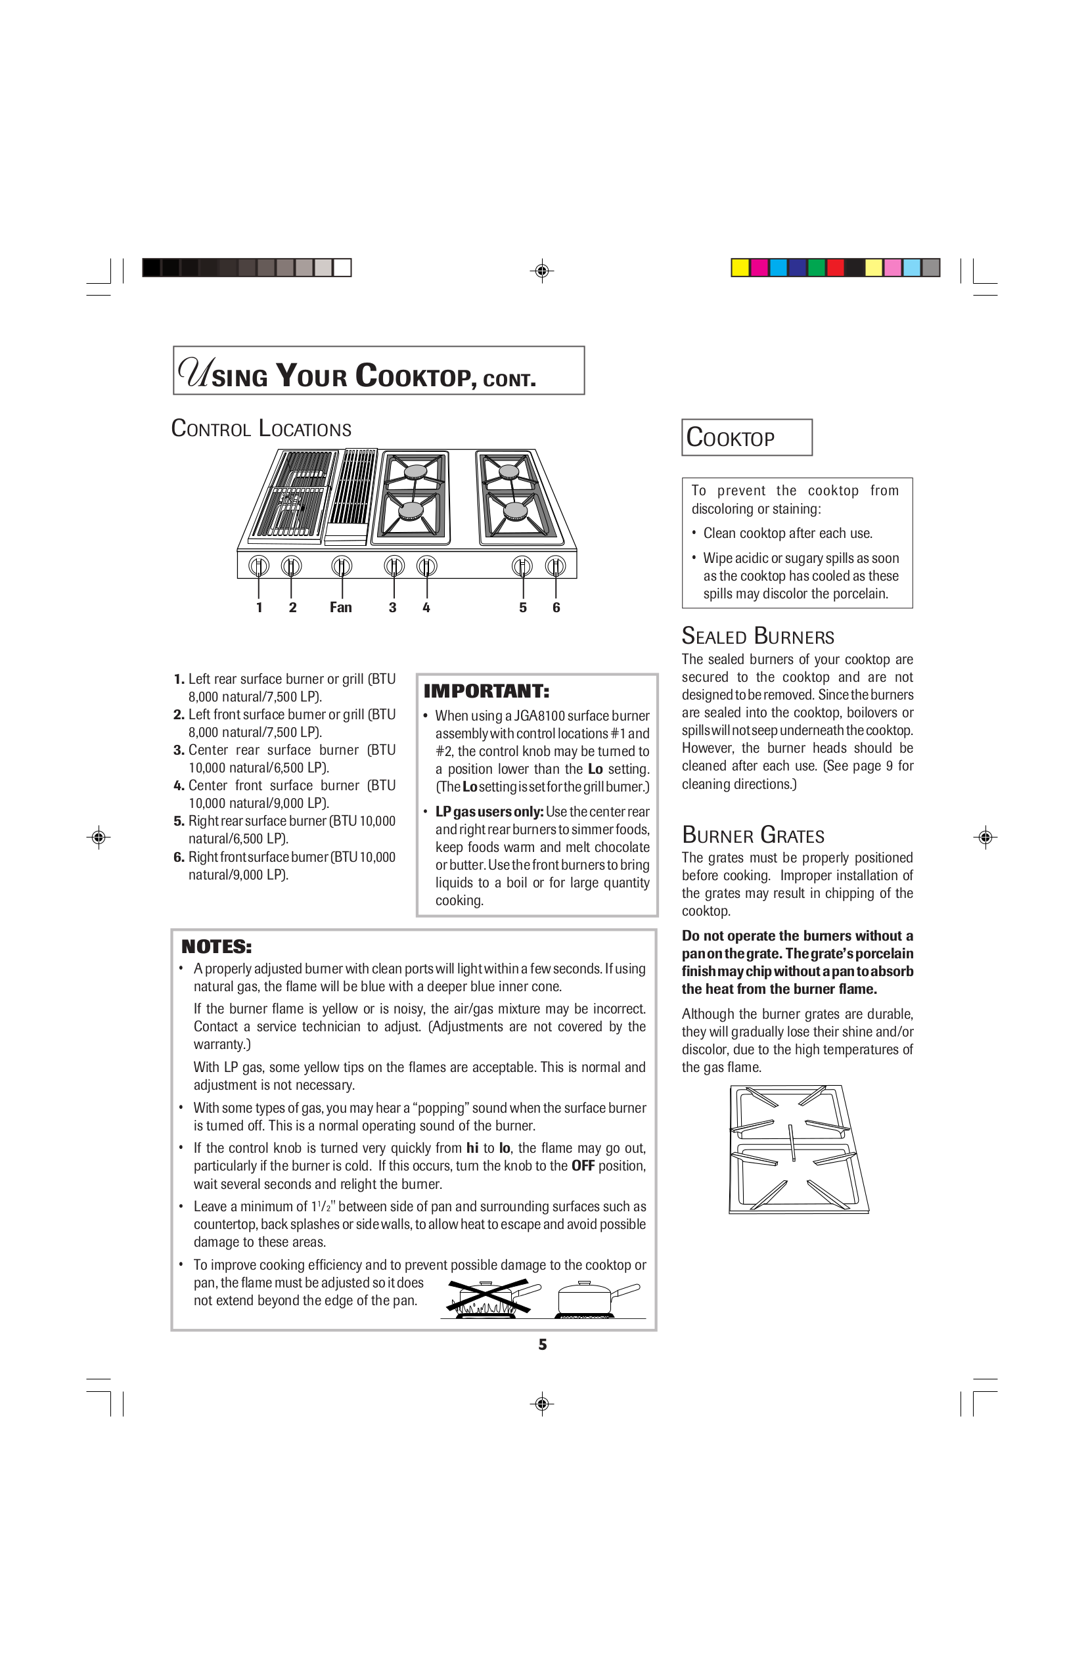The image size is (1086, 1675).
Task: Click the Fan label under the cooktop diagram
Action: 341,608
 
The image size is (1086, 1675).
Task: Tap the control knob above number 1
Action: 259,565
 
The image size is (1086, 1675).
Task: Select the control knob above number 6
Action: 555,565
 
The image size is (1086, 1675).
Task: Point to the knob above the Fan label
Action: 342,565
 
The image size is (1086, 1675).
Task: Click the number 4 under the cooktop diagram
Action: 426,608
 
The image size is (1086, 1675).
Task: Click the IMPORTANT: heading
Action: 486,691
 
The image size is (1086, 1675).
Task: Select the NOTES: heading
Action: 216,947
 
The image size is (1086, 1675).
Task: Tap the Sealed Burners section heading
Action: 758,636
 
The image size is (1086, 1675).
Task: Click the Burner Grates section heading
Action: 752,836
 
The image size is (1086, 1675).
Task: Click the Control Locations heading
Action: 261,428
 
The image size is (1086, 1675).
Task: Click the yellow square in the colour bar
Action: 740,267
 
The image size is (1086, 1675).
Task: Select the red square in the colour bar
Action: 835,267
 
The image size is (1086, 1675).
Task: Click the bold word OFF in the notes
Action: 583,1166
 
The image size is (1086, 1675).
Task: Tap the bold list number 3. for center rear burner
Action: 179,750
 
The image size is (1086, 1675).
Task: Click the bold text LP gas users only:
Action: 489,811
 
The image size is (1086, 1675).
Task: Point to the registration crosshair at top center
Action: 542,270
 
